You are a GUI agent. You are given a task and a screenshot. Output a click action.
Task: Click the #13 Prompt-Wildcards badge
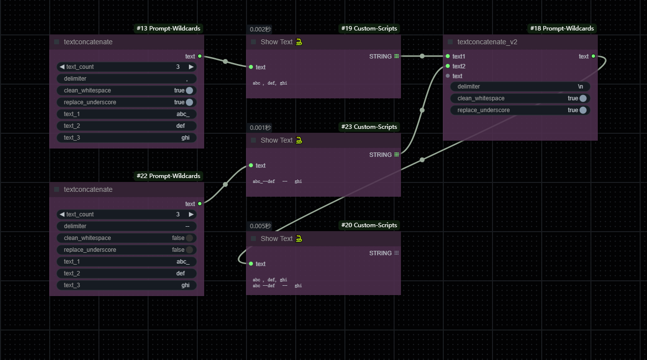(168, 29)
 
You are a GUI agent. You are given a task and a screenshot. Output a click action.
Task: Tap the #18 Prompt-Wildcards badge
(562, 29)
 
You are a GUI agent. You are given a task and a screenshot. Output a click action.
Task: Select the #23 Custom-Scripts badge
(369, 127)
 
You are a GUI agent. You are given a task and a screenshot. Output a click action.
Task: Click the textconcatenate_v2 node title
(487, 42)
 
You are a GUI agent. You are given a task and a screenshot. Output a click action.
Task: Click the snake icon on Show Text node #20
(299, 239)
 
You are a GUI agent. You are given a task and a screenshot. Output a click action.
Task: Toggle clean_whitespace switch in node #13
(189, 90)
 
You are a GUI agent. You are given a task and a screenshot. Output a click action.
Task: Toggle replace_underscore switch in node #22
(189, 250)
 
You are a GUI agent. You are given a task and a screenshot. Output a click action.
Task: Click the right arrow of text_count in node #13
(191, 67)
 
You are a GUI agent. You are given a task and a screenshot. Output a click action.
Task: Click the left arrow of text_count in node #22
(62, 214)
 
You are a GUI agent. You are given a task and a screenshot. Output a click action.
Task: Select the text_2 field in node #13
(127, 126)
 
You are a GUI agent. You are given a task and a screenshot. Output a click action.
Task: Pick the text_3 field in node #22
(127, 285)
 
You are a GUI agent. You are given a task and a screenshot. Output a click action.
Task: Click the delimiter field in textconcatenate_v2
(520, 87)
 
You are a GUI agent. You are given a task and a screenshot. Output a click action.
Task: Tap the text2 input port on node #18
(448, 66)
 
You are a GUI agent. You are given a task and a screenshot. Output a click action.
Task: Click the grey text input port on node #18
(448, 76)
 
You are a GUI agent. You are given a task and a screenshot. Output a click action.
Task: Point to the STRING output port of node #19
(397, 56)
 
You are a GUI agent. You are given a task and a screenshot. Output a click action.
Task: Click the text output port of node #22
(200, 204)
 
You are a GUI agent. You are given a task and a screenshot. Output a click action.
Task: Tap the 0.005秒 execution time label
(260, 226)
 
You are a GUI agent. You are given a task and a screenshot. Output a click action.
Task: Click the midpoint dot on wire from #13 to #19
(225, 61)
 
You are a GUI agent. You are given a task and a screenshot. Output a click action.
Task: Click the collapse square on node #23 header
(253, 140)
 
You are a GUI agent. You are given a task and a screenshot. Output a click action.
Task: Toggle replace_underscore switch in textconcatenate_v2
(583, 110)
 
